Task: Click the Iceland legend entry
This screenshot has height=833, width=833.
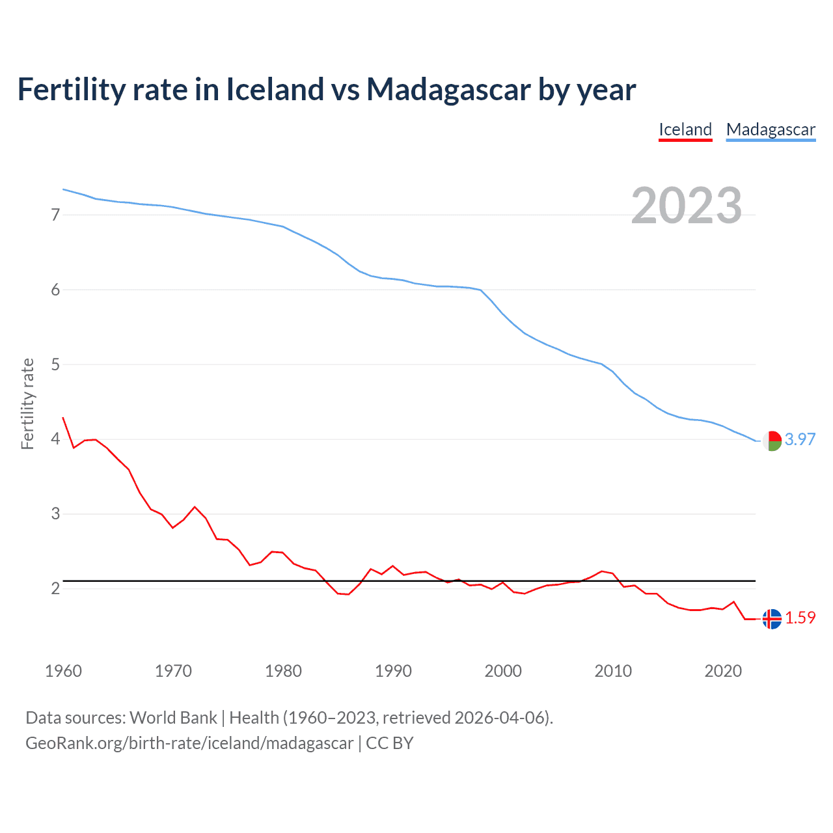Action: click(x=685, y=130)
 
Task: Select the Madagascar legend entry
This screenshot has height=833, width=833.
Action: click(x=771, y=130)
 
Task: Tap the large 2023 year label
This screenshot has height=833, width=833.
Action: click(x=687, y=206)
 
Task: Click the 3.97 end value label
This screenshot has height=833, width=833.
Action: click(x=800, y=439)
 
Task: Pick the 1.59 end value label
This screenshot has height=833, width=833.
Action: click(x=800, y=618)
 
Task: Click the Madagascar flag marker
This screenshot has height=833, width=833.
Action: click(x=772, y=441)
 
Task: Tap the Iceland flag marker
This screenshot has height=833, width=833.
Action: click(x=772, y=619)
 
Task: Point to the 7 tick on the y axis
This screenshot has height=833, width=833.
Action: click(x=55, y=215)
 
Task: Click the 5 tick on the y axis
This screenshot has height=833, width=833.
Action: click(x=55, y=364)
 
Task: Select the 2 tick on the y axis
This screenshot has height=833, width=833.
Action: click(x=55, y=588)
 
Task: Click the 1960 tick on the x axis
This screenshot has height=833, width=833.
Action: click(x=63, y=671)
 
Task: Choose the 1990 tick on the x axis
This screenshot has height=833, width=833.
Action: click(x=393, y=671)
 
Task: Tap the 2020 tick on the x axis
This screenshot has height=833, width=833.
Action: click(x=723, y=671)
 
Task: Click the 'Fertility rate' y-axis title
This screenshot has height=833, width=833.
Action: click(x=27, y=403)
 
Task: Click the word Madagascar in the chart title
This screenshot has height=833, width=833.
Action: click(x=448, y=90)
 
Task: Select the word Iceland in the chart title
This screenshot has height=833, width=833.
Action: click(x=274, y=90)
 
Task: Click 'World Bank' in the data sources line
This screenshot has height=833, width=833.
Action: click(x=173, y=718)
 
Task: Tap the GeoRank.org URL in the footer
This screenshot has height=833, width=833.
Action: click(x=189, y=743)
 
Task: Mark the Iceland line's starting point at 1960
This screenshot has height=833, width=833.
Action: click(x=63, y=418)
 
